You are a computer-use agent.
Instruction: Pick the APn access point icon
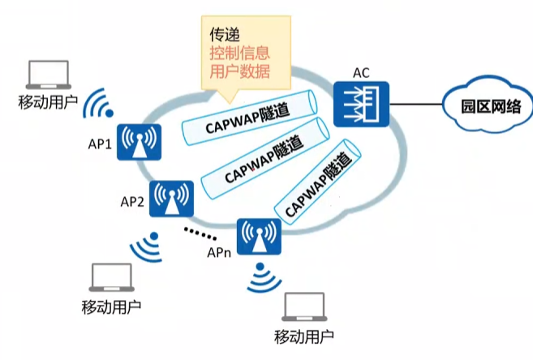tap(258, 238)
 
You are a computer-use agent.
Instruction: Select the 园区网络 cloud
tap(480, 109)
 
